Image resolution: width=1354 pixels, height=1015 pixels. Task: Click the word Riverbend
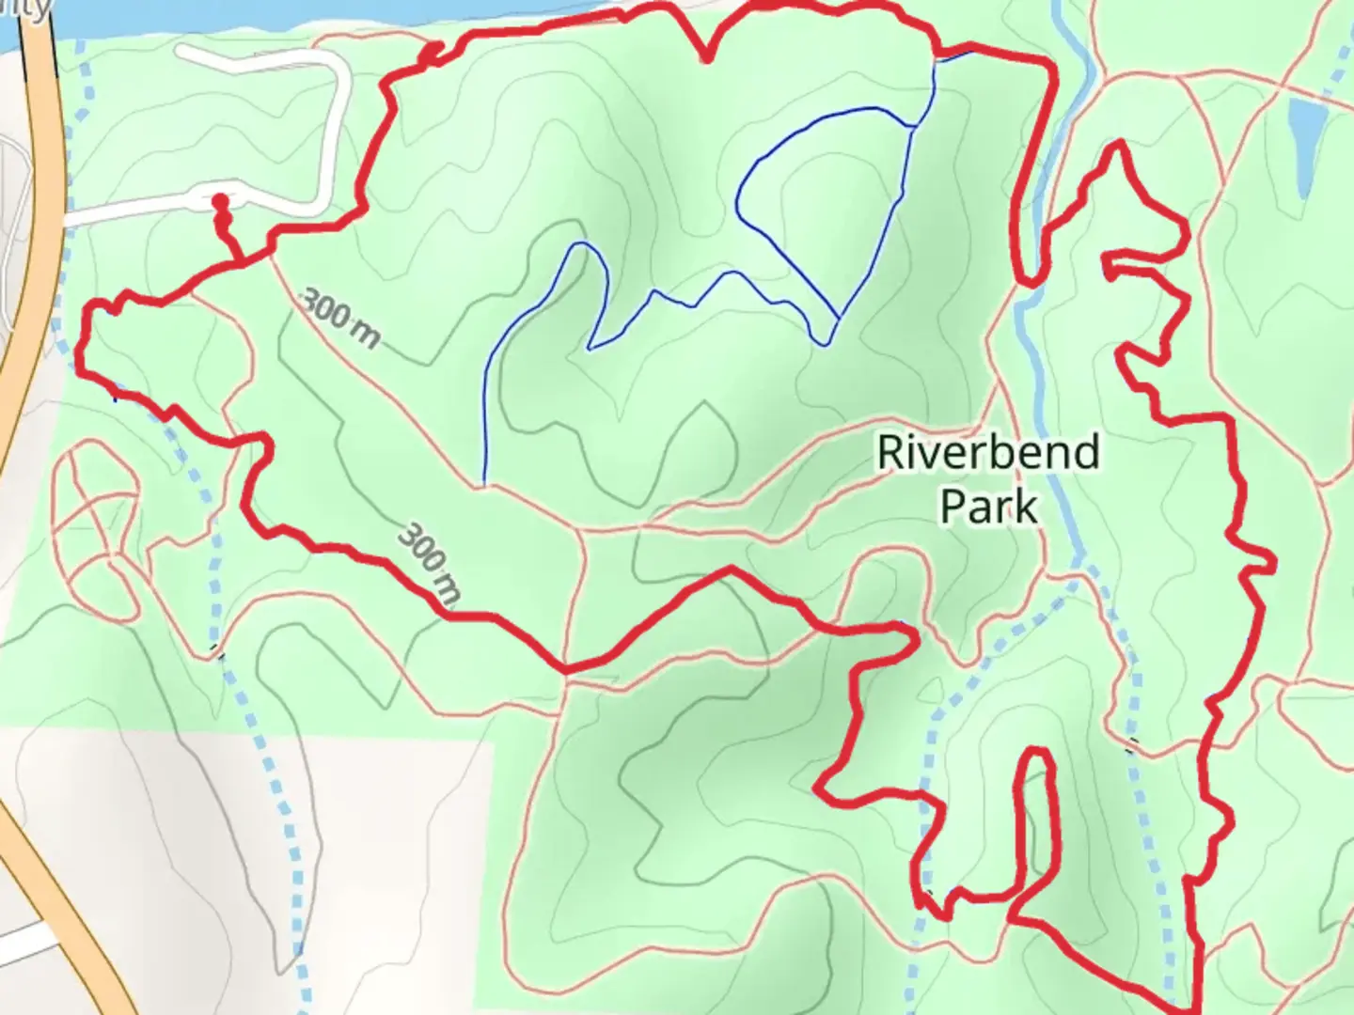(987, 453)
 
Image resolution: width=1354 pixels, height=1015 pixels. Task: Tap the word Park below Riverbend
(988, 507)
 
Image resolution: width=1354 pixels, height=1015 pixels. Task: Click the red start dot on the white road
(219, 201)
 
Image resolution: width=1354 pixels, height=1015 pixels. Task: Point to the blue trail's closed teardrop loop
(809, 207)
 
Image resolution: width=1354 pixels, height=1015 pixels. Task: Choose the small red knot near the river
(430, 55)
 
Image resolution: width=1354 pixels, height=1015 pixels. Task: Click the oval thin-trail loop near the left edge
(94, 526)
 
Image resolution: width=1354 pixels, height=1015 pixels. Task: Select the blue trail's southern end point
(483, 483)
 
